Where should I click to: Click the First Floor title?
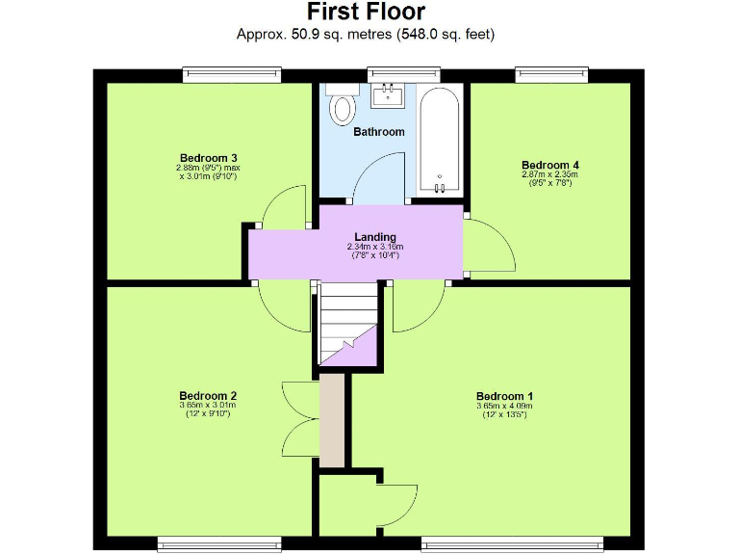[x=366, y=12]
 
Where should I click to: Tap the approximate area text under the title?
[x=366, y=34]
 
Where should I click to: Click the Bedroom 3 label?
[x=208, y=158]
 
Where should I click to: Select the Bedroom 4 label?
[x=549, y=165]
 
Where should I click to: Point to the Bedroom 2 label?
[x=208, y=395]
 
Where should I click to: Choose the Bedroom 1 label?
[x=504, y=396]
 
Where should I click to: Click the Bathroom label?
[x=378, y=131]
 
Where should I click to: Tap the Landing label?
[x=374, y=237]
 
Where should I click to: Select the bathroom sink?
[x=390, y=94]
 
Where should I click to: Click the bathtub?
[x=441, y=141]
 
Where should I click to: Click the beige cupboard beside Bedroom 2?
[x=331, y=421]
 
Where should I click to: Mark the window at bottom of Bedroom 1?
[x=512, y=542]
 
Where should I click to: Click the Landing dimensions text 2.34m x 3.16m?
[x=374, y=248]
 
